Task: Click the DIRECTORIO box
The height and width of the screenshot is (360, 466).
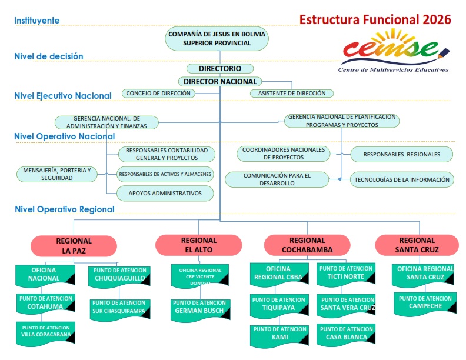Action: coord(220,69)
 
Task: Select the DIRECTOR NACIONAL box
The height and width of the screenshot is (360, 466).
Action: coord(220,81)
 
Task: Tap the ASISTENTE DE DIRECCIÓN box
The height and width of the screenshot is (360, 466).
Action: coord(292,94)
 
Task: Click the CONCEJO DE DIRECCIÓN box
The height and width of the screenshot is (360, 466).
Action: coord(158,94)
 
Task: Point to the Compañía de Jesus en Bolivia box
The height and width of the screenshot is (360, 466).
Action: coord(217,39)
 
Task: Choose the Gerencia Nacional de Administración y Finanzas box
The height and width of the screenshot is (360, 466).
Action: coord(106,122)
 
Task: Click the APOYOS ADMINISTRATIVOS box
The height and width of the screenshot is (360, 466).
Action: coord(165,194)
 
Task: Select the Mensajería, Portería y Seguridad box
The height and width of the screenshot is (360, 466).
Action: coord(56,174)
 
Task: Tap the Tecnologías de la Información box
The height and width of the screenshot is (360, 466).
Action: coord(402,179)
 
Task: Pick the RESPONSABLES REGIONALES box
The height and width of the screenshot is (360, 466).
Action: coord(402,155)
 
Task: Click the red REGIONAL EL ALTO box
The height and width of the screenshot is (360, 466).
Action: coord(198,245)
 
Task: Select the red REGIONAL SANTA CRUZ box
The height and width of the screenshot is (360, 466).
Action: coord(417,245)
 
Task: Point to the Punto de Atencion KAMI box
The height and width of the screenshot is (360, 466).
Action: coord(279,336)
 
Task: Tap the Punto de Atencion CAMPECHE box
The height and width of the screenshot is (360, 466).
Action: coord(425,304)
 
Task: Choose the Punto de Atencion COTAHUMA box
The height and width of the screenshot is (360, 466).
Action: coord(45,304)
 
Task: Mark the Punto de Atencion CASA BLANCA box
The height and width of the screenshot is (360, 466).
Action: coord(346,335)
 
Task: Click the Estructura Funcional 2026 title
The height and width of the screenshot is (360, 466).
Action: coord(375,19)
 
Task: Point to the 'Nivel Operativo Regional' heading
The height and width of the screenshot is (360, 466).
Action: coord(65,209)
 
